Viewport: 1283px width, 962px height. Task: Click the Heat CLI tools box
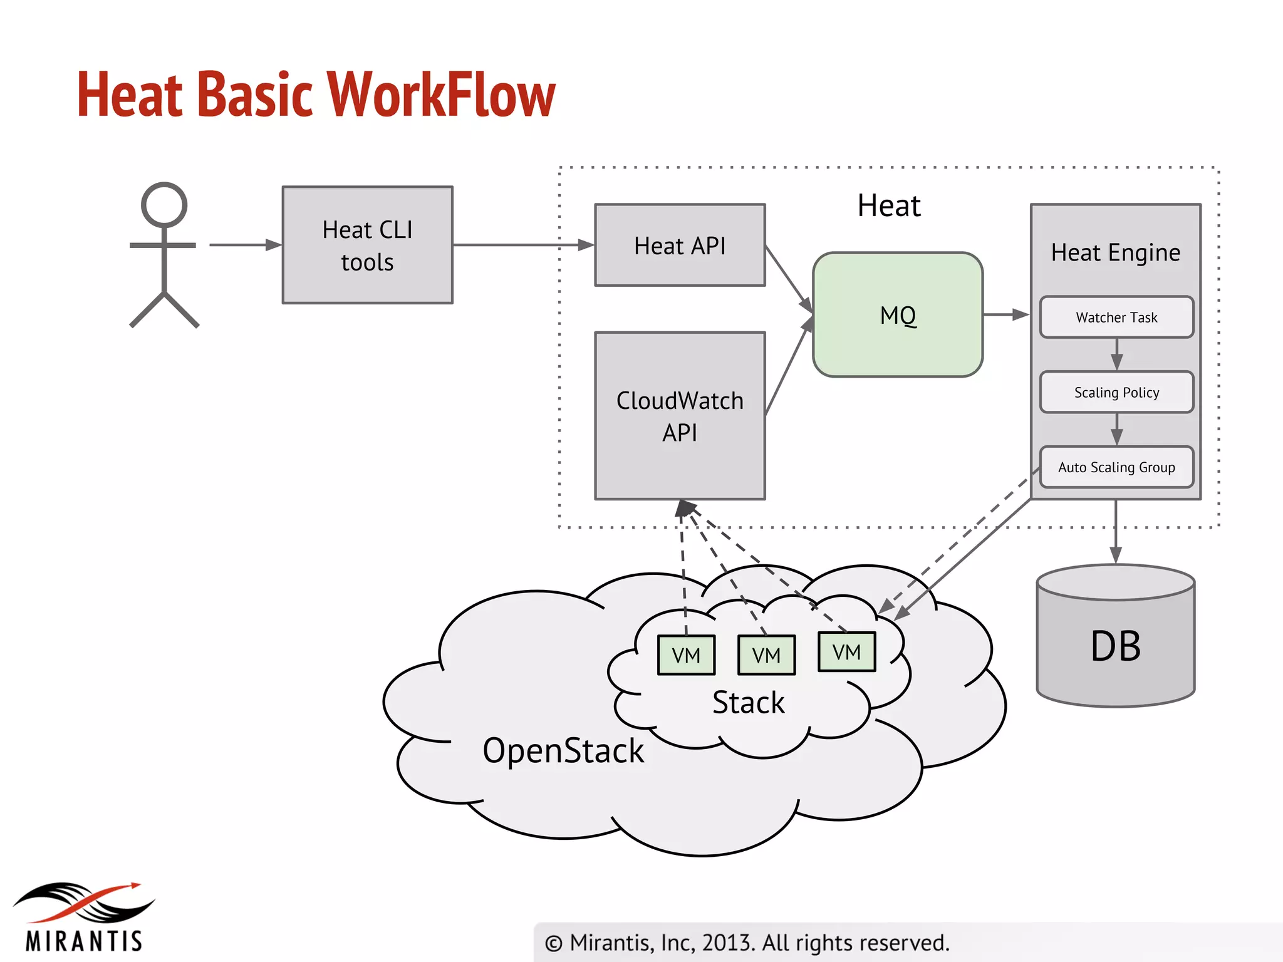pos(367,245)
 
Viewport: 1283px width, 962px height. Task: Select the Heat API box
pos(680,245)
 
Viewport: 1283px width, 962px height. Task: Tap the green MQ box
pos(897,314)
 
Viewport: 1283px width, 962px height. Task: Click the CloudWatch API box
pos(680,416)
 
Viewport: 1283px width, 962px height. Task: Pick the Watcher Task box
pos(1116,318)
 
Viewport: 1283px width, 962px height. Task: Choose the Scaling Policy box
pos(1116,393)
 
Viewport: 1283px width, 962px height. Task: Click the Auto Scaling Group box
pos(1116,467)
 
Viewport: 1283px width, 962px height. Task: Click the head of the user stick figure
pos(164,205)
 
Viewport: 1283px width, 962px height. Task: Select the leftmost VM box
pos(686,655)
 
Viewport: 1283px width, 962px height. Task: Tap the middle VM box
pos(766,655)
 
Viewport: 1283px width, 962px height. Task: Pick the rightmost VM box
pos(846,652)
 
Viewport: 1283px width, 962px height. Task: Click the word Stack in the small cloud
pos(748,703)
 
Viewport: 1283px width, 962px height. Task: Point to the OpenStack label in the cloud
pos(563,750)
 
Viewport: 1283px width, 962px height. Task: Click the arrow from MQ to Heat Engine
pos(1006,314)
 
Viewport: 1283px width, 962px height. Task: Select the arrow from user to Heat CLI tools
pos(245,245)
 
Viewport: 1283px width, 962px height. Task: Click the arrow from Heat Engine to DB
pos(1116,532)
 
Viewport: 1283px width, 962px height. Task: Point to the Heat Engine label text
pos(1116,252)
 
